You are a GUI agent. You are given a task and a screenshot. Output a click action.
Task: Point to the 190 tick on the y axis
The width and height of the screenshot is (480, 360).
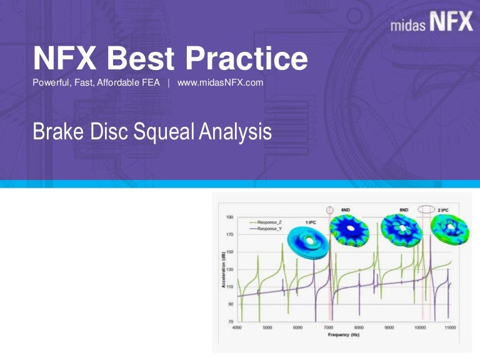pos(229,217)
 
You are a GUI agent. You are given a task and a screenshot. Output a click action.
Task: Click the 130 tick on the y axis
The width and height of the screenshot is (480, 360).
pos(229,269)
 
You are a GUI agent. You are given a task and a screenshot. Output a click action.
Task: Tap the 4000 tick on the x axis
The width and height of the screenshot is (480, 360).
pos(237,327)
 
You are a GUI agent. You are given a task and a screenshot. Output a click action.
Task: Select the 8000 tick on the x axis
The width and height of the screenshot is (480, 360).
pos(359,327)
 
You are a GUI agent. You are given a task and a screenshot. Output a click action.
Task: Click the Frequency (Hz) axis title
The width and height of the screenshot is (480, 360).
pos(344,335)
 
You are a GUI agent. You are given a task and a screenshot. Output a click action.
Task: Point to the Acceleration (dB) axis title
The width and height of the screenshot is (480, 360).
pos(222,269)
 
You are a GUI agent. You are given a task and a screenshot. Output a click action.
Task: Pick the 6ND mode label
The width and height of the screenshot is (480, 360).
pos(346,210)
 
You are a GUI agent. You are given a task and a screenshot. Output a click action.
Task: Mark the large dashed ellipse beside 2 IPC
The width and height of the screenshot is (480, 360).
pos(427,209)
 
